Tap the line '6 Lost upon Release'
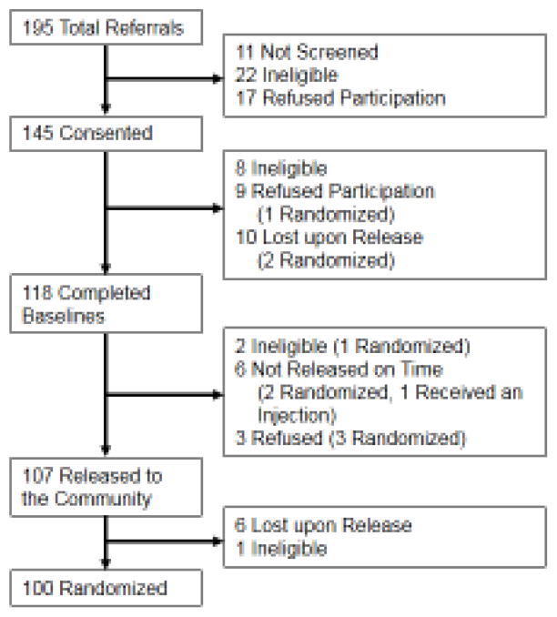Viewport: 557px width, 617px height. [x=324, y=525]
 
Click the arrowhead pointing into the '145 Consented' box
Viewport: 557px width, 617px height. [x=106, y=112]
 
